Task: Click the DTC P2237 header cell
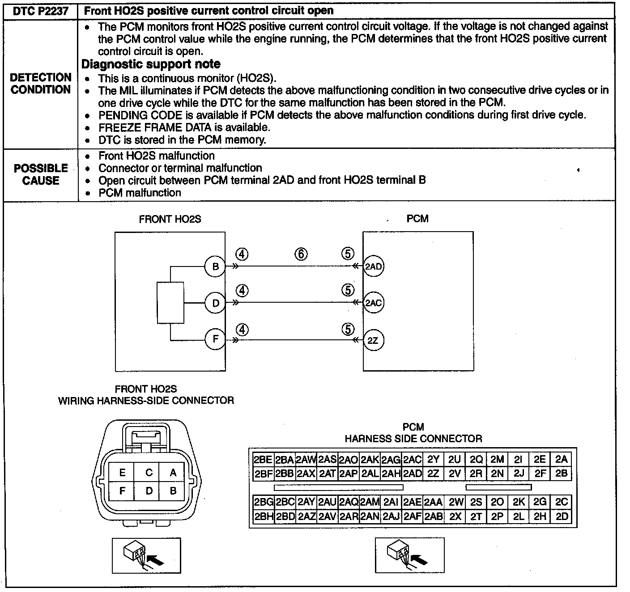coord(40,11)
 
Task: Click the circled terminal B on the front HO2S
coord(215,267)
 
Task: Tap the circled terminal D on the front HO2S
coord(215,304)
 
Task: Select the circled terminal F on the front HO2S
coord(215,339)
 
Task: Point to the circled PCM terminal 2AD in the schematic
coord(373,267)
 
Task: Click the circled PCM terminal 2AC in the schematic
coord(373,303)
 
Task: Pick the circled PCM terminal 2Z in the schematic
coord(373,340)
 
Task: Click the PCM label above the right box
coord(417,219)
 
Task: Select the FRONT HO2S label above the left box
coord(170,219)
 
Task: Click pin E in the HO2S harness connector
coord(123,472)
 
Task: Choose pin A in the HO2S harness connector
coord(173,472)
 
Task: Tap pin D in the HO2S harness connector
coord(149,491)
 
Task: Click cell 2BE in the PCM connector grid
coord(263,460)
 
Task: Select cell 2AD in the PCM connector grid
coord(412,474)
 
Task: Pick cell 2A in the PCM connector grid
coord(561,459)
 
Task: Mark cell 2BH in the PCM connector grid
coord(263,516)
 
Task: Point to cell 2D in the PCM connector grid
coord(561,516)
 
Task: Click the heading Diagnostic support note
coord(151,64)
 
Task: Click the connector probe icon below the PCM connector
coord(409,555)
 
